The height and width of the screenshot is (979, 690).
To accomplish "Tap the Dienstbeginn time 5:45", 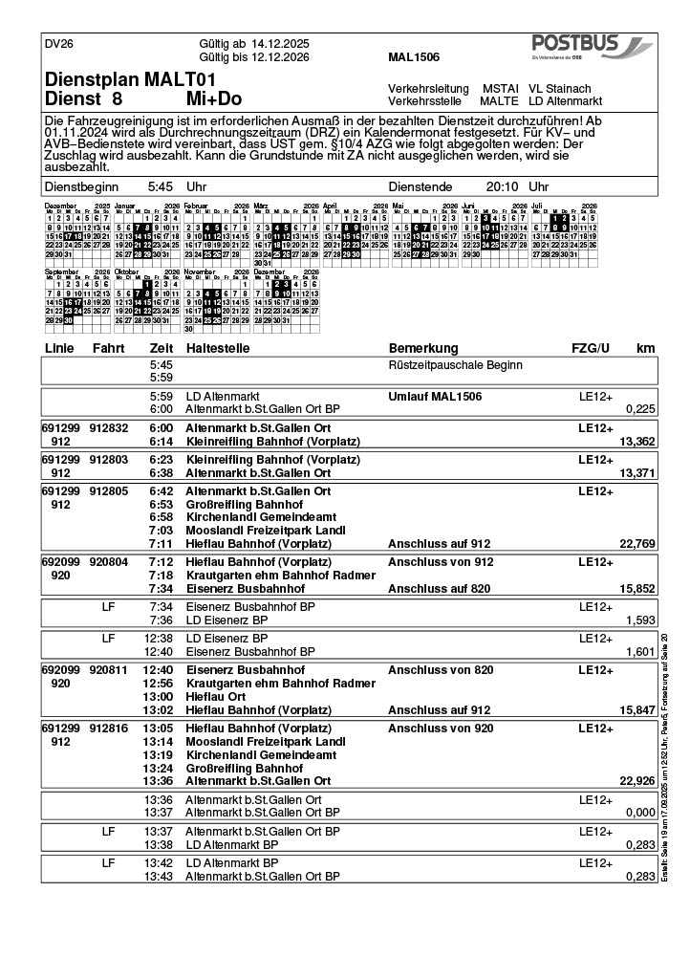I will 161,187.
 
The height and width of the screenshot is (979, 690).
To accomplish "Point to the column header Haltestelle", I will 221,348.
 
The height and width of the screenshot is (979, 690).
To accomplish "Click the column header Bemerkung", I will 423,348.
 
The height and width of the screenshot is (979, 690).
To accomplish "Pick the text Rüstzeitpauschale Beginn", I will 455,365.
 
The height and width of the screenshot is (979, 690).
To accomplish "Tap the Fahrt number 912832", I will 108,428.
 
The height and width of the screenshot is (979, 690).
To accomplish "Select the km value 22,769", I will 636,544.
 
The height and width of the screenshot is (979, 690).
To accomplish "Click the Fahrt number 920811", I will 108,670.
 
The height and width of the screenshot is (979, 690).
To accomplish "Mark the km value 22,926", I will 636,781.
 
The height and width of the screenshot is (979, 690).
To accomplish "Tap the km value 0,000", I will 639,813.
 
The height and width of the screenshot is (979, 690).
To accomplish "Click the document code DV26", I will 59,44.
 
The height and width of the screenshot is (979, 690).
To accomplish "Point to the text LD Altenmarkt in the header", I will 565,100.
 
